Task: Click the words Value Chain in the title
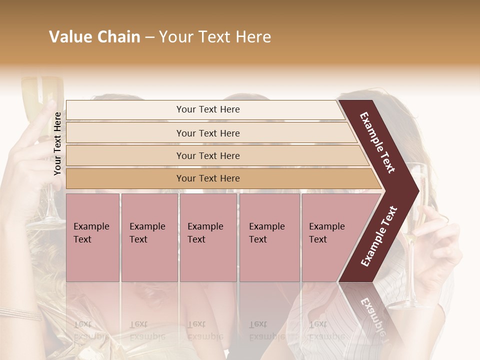pyautogui.click(x=94, y=37)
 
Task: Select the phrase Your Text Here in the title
pyautogui.click(x=215, y=37)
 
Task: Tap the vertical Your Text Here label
pyautogui.click(x=57, y=143)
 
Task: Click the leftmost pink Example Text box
pyautogui.click(x=92, y=237)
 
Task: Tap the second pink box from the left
pyautogui.click(x=149, y=237)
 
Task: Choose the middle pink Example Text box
pyautogui.click(x=208, y=237)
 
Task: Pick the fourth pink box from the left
pyautogui.click(x=269, y=237)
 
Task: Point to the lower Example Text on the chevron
pyautogui.click(x=379, y=236)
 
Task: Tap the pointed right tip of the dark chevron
pyautogui.click(x=416, y=190)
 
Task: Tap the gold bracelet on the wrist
pyautogui.click(x=20, y=313)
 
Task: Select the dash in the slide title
pyautogui.click(x=149, y=37)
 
